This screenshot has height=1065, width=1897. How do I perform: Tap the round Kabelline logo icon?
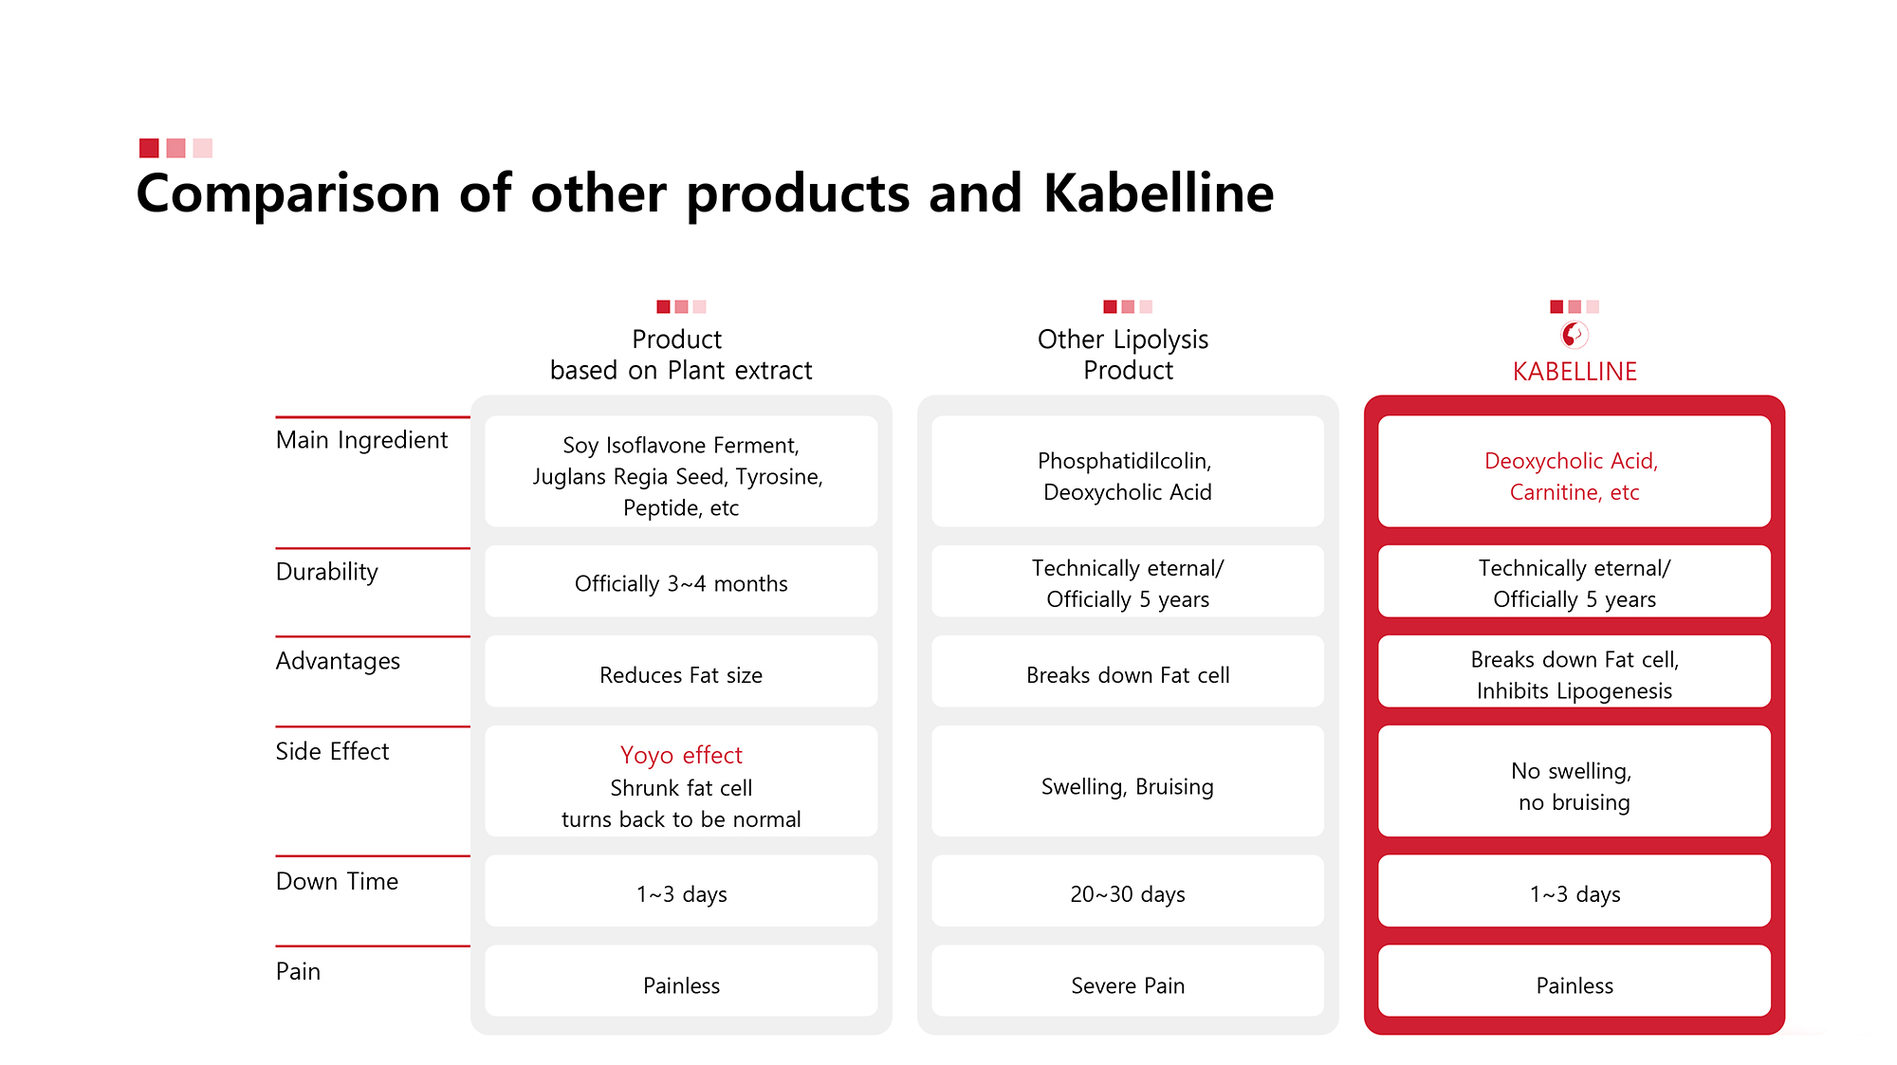tap(1575, 335)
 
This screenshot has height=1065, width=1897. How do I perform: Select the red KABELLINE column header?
tap(1575, 371)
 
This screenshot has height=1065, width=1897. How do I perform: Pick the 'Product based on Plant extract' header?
tap(681, 355)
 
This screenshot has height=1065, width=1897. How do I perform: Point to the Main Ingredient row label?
tap(361, 440)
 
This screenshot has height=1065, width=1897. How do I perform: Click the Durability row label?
tap(326, 572)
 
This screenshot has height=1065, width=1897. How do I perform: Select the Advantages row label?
tap(338, 661)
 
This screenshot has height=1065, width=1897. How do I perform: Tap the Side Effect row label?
tap(332, 751)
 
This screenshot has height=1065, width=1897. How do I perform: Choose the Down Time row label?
tap(337, 881)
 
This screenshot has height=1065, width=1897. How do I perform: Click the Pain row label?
tap(298, 971)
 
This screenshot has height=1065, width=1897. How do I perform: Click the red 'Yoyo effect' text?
tap(681, 755)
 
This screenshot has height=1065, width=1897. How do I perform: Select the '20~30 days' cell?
tap(1128, 891)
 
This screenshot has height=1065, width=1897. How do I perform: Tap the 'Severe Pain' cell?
tap(1128, 981)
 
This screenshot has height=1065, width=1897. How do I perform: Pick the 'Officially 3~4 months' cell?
tap(681, 581)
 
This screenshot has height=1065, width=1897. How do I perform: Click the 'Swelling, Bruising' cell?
tap(1128, 781)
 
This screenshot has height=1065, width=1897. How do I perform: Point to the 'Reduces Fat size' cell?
tap(681, 671)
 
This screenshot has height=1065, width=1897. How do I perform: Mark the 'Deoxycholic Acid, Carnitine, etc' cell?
tap(1575, 471)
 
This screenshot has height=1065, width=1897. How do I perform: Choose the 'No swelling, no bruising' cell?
tap(1575, 781)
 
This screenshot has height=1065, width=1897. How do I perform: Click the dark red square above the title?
tap(149, 148)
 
